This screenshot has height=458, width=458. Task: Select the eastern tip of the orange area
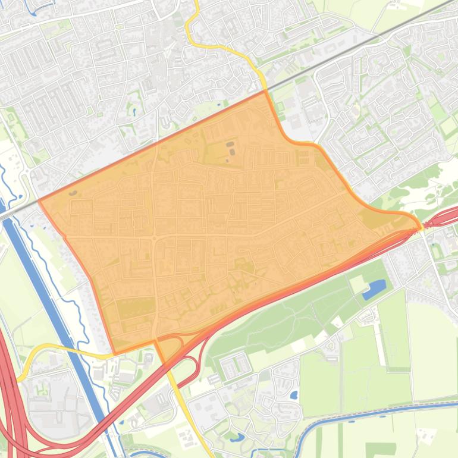(421, 226)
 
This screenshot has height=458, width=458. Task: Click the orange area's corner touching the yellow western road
(114, 355)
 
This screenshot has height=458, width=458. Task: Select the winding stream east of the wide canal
(54, 250)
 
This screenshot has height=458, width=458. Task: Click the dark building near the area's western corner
(73, 193)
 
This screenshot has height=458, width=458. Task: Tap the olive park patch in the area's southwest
(134, 309)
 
